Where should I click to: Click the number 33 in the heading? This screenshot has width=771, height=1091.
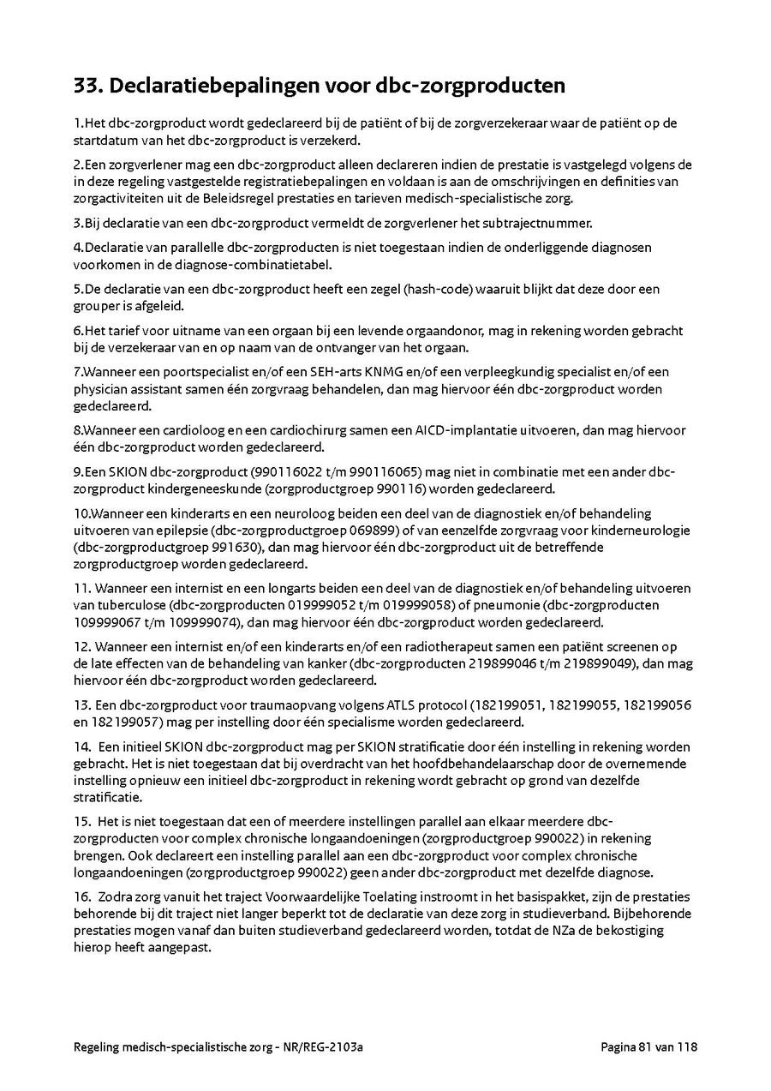coord(87,87)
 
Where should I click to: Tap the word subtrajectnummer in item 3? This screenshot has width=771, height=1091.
coord(542,223)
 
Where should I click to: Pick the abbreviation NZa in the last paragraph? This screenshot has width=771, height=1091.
coord(577,930)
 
